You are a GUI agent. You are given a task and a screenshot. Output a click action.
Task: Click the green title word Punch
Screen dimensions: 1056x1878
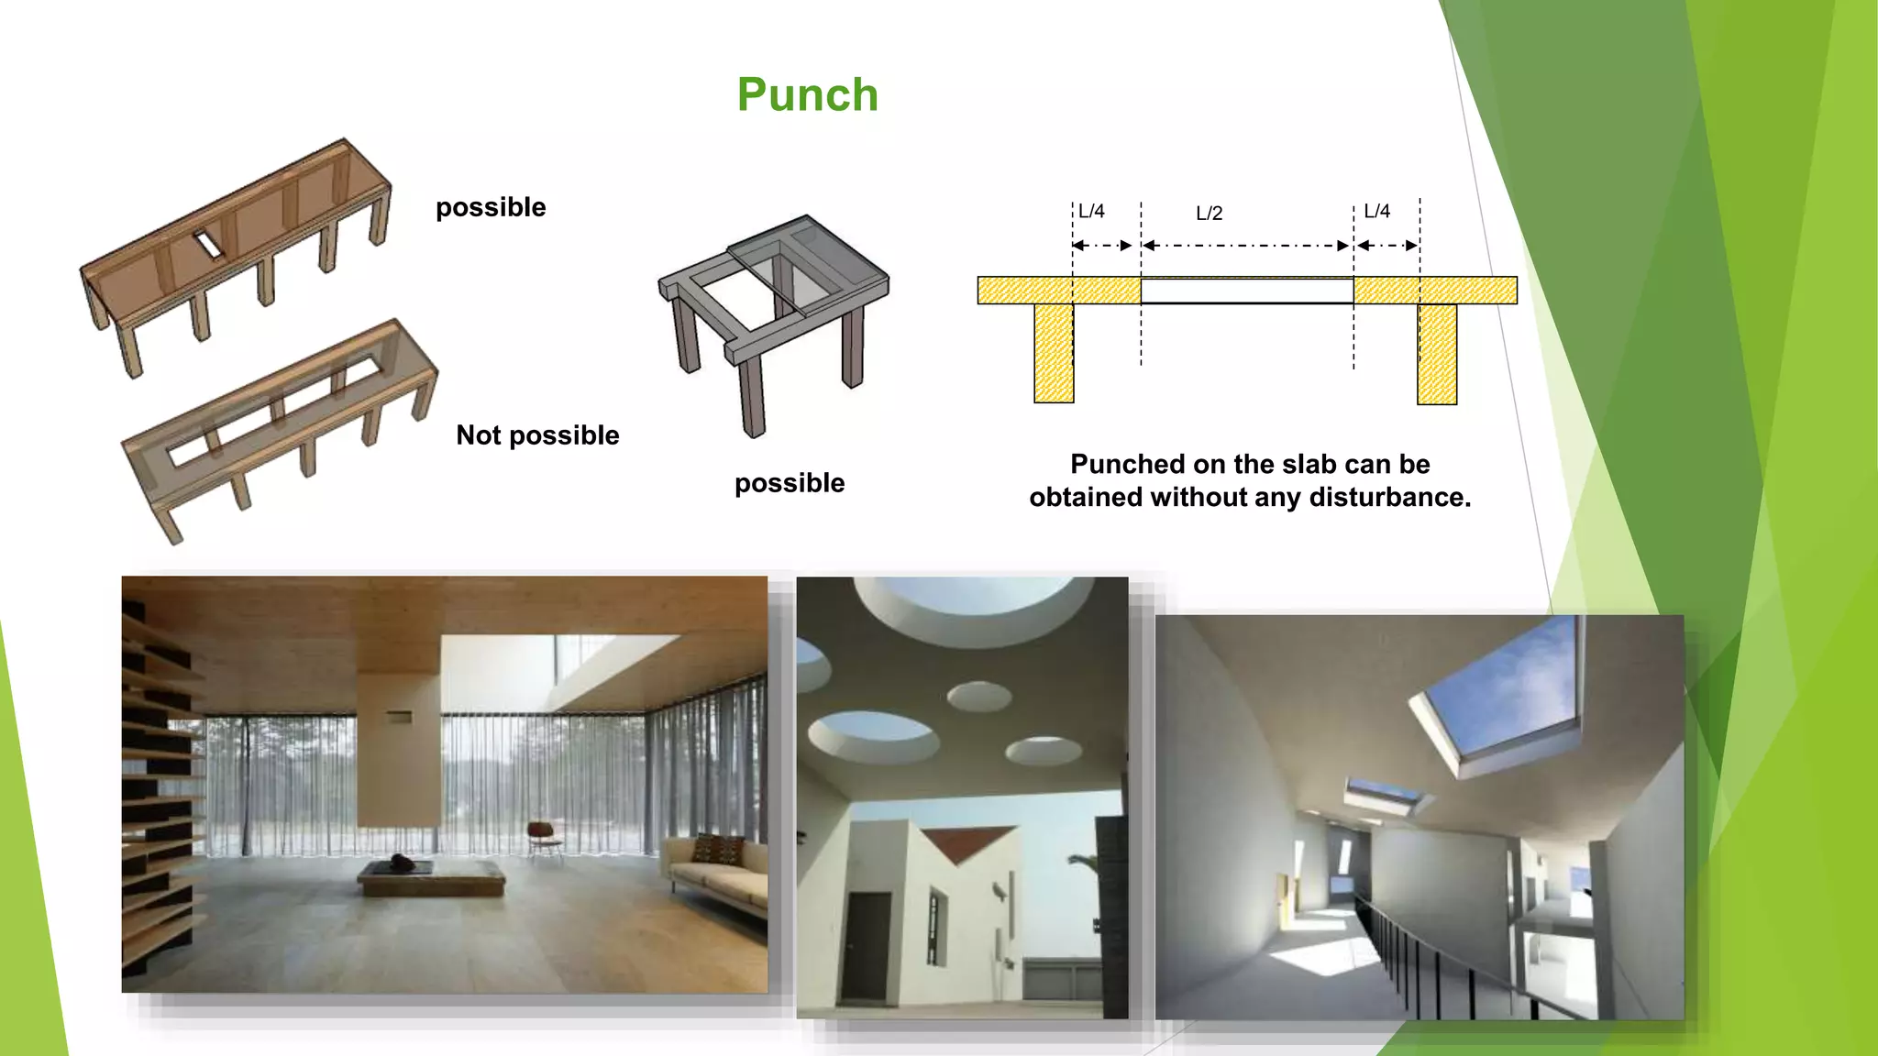click(807, 95)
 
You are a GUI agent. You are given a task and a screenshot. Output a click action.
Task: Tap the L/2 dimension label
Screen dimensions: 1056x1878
click(1209, 214)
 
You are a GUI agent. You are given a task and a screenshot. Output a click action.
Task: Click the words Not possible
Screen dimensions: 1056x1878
click(537, 434)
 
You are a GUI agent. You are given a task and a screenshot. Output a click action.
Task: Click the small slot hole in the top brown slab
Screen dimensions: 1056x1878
click(207, 244)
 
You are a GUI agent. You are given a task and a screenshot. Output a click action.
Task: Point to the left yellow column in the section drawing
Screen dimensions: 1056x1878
click(1054, 353)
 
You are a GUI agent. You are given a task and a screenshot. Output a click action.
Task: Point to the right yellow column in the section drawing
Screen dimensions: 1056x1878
click(1437, 355)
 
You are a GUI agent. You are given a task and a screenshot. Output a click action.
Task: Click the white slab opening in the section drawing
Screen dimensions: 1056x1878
click(1246, 291)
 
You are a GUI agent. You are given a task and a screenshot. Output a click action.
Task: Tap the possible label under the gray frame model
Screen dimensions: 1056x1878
click(790, 483)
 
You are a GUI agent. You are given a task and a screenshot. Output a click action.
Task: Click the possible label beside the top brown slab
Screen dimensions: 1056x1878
click(491, 207)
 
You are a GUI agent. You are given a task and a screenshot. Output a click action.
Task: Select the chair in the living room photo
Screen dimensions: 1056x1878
click(545, 838)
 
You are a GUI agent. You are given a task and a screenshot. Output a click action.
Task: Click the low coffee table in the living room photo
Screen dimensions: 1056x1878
click(430, 876)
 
